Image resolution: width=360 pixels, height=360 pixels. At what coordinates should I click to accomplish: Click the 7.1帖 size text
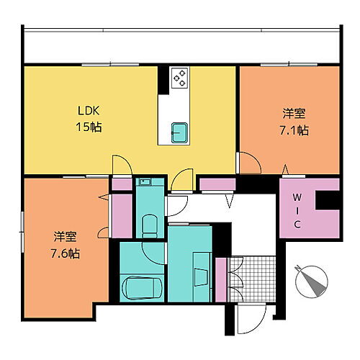click(294, 130)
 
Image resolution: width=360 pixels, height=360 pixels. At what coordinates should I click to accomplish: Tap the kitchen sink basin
click(179, 131)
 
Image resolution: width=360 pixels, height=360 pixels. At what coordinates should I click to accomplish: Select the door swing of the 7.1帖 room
click(248, 163)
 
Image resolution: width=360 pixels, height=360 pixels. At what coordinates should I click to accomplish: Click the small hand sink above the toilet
click(144, 184)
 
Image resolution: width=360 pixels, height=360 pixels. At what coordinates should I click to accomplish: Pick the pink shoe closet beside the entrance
click(221, 278)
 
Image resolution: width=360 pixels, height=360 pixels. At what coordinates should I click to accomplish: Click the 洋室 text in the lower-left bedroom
click(65, 237)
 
